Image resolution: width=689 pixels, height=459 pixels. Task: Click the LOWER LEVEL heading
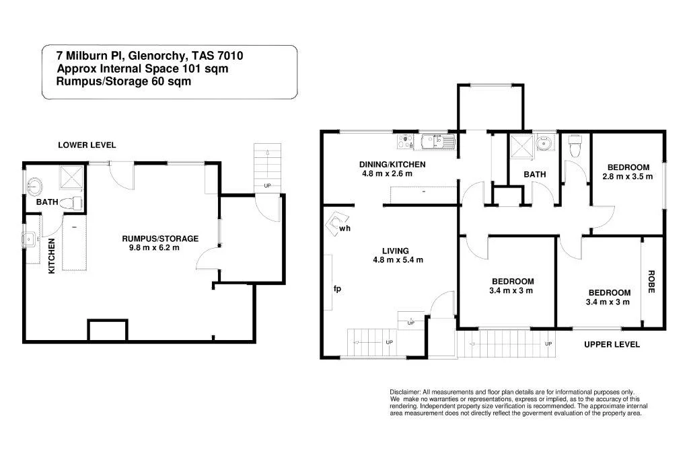point(87,144)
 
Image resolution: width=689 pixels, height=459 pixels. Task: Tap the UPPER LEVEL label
point(612,344)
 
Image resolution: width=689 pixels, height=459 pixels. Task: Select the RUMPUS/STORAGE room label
point(160,239)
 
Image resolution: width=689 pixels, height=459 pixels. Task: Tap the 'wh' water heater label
point(344,228)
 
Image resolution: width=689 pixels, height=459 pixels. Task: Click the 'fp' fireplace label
point(338,289)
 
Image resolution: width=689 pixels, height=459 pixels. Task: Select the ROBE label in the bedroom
point(651,281)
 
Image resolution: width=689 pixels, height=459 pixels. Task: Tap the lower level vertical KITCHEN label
point(51,258)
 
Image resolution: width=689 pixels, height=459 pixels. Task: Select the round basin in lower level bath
point(35,185)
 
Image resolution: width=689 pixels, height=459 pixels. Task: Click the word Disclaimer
point(404,392)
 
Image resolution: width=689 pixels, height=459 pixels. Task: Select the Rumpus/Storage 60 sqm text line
point(124,81)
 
